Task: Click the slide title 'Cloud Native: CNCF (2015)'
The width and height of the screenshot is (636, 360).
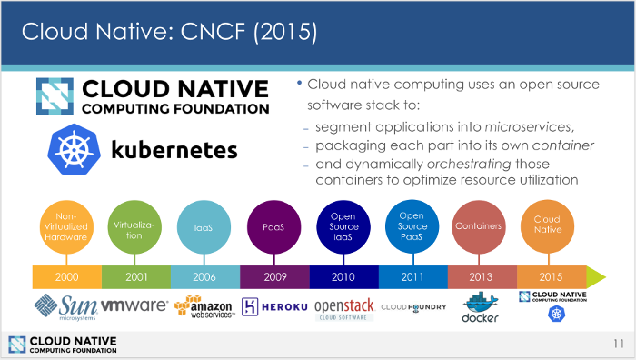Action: [x=169, y=32]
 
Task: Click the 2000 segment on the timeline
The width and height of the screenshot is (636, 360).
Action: [x=66, y=276]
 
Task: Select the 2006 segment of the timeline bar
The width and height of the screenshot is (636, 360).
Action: [x=205, y=276]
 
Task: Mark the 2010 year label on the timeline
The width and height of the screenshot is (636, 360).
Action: [x=343, y=276]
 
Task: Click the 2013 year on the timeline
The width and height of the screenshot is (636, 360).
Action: [x=482, y=276]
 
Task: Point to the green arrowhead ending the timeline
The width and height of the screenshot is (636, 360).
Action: [x=595, y=276]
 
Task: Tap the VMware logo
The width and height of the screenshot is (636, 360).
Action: [x=135, y=306]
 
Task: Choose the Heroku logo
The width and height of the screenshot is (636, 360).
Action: [x=274, y=306]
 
